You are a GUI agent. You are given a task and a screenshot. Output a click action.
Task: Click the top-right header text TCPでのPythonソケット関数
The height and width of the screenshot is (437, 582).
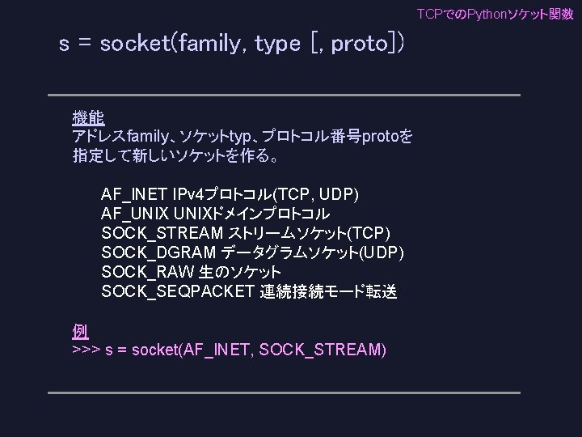click(x=495, y=15)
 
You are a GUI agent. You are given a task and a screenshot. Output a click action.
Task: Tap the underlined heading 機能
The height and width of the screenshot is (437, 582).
click(x=87, y=118)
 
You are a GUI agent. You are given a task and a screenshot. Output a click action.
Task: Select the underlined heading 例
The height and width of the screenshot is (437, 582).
click(x=79, y=331)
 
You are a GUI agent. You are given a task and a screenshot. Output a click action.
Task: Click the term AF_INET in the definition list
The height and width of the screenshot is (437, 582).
click(x=134, y=195)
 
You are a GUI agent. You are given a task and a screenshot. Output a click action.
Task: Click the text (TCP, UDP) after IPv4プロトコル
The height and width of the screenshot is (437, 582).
click(x=317, y=195)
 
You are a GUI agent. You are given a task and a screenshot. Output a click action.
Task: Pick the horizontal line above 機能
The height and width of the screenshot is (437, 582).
click(x=283, y=95)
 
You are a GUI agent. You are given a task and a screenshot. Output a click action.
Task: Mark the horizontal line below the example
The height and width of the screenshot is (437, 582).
click(x=283, y=392)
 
